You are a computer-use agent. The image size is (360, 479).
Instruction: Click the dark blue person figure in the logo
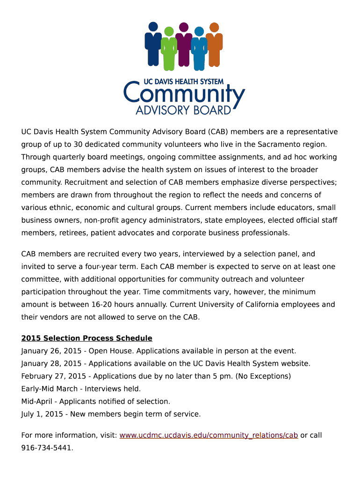pyautogui.click(x=153, y=44)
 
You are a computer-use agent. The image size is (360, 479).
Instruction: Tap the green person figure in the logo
pyautogui.click(x=169, y=49)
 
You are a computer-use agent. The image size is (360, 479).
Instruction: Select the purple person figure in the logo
pyautogui.click(x=184, y=44)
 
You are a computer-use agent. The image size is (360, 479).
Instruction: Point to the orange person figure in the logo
pyautogui.click(x=214, y=44)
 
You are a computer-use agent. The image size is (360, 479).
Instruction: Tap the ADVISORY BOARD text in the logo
pyautogui.click(x=183, y=111)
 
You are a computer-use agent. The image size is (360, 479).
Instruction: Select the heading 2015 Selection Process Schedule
pyautogui.click(x=87, y=338)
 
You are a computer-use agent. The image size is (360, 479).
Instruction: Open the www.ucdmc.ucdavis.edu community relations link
pyautogui.click(x=209, y=435)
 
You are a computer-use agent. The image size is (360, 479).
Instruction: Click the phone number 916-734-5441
pyautogui.click(x=47, y=448)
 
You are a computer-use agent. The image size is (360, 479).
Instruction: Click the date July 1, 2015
pyautogui.click(x=41, y=414)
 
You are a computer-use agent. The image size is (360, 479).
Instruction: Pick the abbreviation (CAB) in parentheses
pyautogui.click(x=217, y=132)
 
